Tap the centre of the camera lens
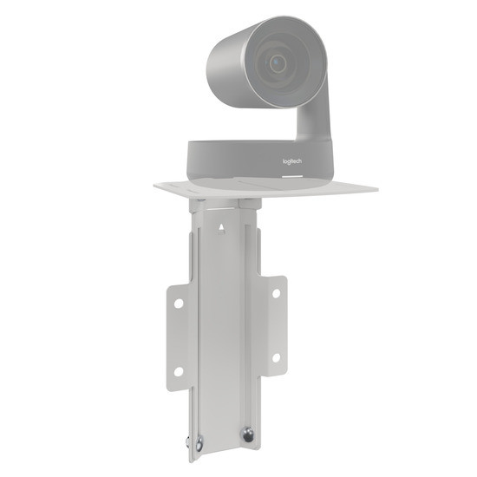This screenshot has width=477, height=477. (278, 62)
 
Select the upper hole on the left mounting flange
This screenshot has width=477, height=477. (179, 304)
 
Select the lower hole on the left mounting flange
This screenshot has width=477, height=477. (179, 370)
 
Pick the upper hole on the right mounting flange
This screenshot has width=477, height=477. (276, 293)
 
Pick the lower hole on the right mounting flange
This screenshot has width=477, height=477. (276, 356)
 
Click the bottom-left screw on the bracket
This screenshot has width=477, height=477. (199, 445)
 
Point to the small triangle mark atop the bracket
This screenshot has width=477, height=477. (220, 229)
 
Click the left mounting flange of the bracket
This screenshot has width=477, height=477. (178, 338)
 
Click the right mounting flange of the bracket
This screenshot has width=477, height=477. (275, 325)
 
